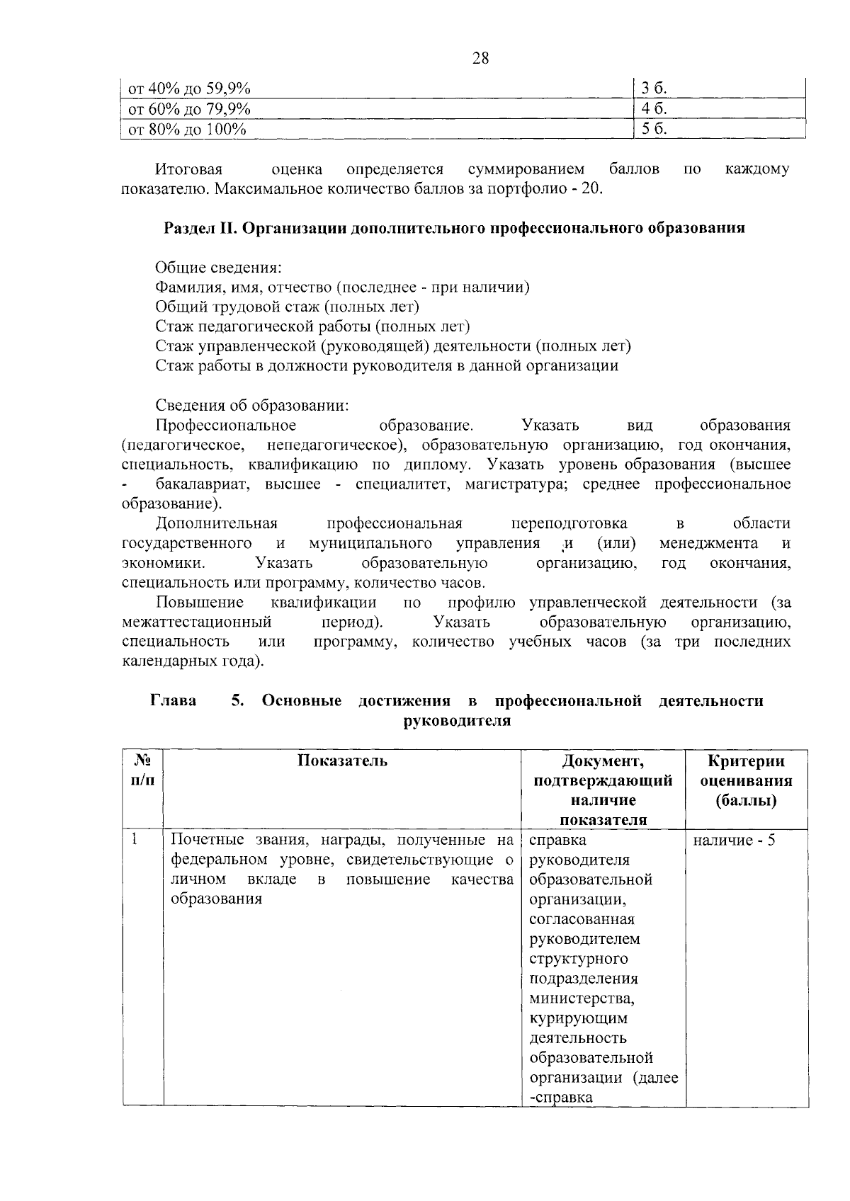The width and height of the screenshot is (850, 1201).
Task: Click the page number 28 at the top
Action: click(x=480, y=59)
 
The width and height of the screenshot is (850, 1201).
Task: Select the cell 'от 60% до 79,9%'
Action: click(x=188, y=108)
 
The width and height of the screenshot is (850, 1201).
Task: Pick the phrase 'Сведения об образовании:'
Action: click(x=252, y=406)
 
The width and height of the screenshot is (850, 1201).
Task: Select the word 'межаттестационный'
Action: click(x=196, y=622)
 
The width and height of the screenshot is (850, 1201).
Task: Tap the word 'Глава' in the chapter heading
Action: click(x=174, y=701)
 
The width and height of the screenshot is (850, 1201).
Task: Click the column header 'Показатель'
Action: click(x=342, y=761)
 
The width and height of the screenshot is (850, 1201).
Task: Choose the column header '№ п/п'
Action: click(x=142, y=770)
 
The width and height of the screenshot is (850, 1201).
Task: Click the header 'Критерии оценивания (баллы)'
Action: click(x=746, y=780)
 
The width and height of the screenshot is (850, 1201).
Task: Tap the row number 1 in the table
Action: click(x=133, y=840)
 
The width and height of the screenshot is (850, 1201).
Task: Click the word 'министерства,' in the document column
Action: click(x=582, y=998)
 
